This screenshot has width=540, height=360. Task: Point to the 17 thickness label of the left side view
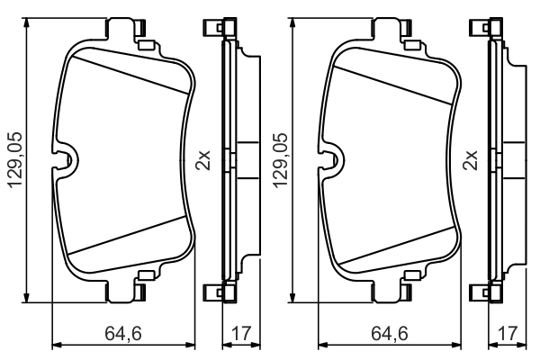240,335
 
